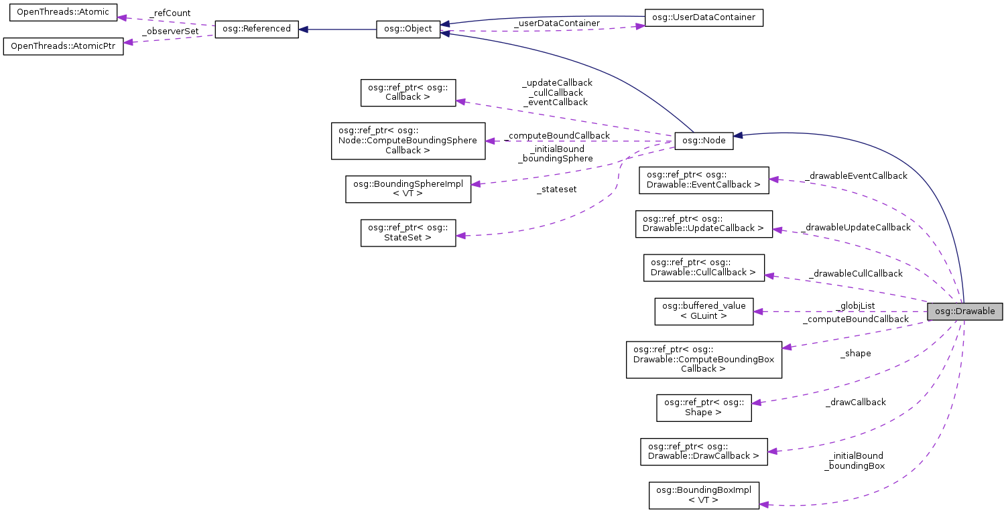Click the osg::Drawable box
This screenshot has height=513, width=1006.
[x=964, y=311]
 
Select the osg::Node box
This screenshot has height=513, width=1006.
[x=704, y=141]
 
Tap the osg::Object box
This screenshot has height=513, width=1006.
[x=408, y=29]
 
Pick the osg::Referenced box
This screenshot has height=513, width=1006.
[x=256, y=29]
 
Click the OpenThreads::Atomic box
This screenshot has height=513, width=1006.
[x=63, y=13]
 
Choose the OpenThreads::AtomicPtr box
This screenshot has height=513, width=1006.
[x=64, y=47]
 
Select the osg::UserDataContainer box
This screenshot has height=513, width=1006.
[x=704, y=17]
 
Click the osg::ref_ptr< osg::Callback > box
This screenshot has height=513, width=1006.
[x=408, y=92]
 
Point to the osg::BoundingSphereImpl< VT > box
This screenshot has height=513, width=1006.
[x=408, y=189]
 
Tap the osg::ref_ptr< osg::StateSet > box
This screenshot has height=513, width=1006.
[x=408, y=232]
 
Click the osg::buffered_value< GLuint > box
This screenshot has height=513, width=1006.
[x=704, y=311]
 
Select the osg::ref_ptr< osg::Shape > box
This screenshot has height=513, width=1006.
[x=704, y=407]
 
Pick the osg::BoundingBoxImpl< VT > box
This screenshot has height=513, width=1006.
[x=704, y=494]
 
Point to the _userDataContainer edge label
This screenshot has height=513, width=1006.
[x=556, y=23]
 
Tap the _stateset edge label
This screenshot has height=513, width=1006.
[x=556, y=190]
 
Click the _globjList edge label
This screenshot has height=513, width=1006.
[x=855, y=306]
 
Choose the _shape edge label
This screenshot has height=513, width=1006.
[x=855, y=353]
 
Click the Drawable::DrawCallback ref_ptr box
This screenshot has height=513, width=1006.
[x=704, y=451]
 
